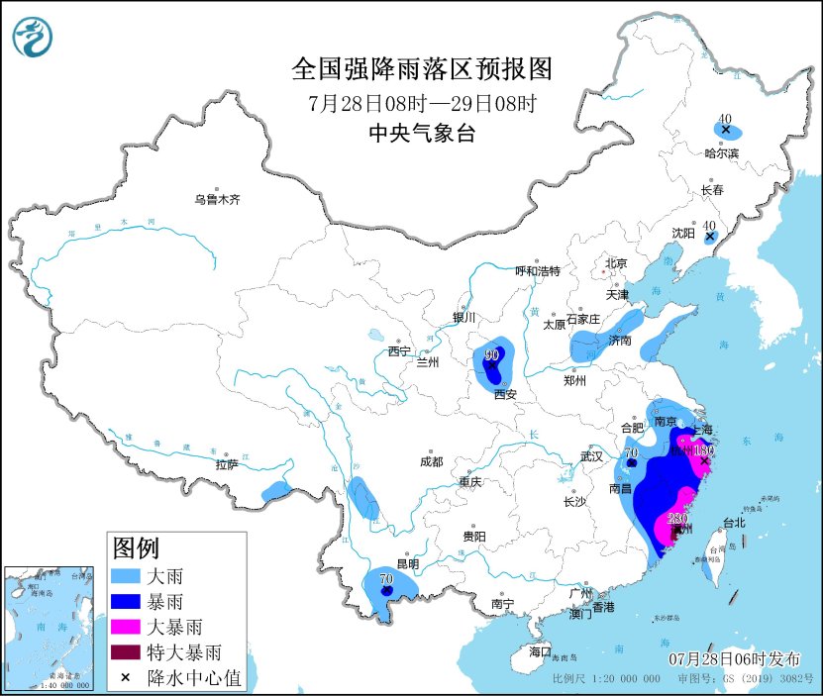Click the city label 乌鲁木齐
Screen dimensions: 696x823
point(217,200)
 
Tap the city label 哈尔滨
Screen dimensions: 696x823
point(721,153)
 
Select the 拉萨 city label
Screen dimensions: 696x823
point(226,464)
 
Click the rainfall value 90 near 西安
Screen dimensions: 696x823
point(492,354)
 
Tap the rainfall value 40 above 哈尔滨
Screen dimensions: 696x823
point(725,117)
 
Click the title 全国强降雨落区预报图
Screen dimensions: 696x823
point(421,69)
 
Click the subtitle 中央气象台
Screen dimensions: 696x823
point(421,134)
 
